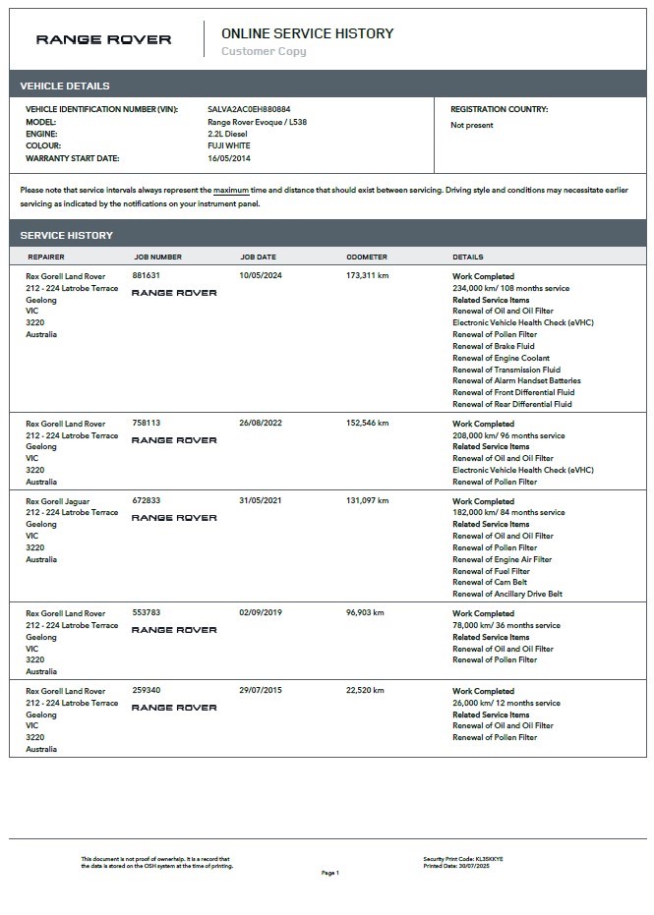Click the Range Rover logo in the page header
103,39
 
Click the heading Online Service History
307,33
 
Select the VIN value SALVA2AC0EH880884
249,109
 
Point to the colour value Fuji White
228,145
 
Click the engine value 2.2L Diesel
227,134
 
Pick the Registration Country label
499,109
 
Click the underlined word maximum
230,190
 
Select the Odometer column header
367,257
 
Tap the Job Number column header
157,257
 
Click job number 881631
146,276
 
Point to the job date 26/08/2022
260,424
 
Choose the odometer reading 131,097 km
368,500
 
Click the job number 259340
146,691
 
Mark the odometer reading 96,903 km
365,612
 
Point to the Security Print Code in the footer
462,859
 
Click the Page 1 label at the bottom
329,873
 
